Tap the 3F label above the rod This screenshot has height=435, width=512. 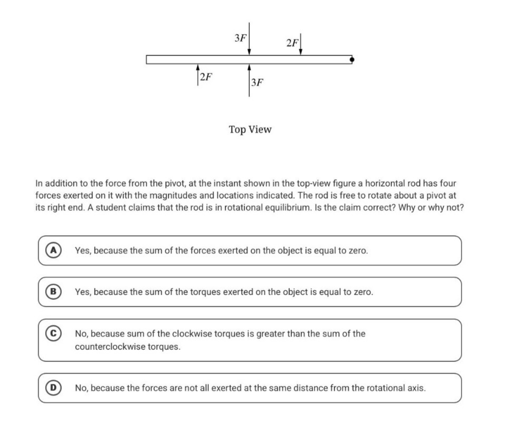click(240, 38)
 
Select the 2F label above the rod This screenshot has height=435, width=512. click(292, 43)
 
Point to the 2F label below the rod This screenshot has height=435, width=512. click(206, 77)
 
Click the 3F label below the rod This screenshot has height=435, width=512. click(257, 82)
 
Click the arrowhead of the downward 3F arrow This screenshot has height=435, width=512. click(249, 52)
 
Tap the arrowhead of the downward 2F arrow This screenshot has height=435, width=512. click(301, 52)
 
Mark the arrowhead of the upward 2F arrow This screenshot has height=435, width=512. click(198, 67)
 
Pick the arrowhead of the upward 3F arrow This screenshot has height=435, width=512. click(249, 67)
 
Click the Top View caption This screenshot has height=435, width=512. click(250, 129)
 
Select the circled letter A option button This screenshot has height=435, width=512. click(53, 250)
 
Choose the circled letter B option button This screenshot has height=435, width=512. click(53, 292)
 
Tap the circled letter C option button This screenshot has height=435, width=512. click(53, 333)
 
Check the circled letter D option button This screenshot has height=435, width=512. click(53, 388)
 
